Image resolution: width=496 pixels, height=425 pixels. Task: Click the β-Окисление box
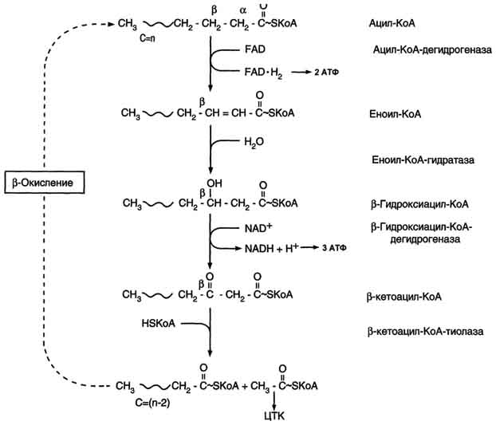(x=45, y=183)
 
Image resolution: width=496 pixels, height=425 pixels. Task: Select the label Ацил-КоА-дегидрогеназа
(x=432, y=50)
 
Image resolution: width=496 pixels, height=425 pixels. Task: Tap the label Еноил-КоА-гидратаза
(x=423, y=160)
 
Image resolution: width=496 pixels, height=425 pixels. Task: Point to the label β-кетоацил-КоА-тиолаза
(x=425, y=332)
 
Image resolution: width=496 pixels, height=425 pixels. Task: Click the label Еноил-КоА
(x=395, y=114)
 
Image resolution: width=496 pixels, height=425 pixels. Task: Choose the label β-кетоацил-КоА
(x=404, y=297)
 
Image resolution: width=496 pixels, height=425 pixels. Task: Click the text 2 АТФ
(x=326, y=73)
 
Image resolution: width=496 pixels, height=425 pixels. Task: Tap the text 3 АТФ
(x=334, y=248)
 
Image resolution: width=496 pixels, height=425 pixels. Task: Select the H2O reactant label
(x=254, y=142)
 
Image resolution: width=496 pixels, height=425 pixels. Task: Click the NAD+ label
(x=258, y=228)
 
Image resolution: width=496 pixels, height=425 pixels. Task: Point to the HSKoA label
(x=159, y=324)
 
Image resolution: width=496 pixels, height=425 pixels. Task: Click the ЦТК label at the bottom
(x=274, y=415)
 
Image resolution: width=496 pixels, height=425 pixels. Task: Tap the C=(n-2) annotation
(x=152, y=403)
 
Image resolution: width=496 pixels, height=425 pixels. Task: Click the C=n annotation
(x=148, y=38)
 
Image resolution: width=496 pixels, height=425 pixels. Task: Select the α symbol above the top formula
(x=242, y=10)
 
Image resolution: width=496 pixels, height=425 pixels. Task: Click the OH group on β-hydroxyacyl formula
(x=215, y=183)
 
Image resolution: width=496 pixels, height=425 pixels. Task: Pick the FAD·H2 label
(x=263, y=73)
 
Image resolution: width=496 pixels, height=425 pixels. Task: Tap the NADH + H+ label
(x=271, y=249)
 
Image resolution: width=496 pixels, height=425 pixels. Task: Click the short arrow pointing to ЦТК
(x=274, y=400)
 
